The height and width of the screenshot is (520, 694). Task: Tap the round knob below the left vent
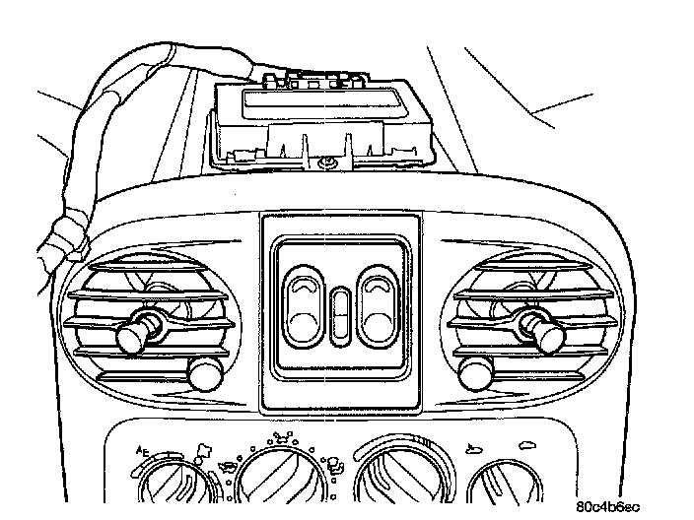pos(205,374)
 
